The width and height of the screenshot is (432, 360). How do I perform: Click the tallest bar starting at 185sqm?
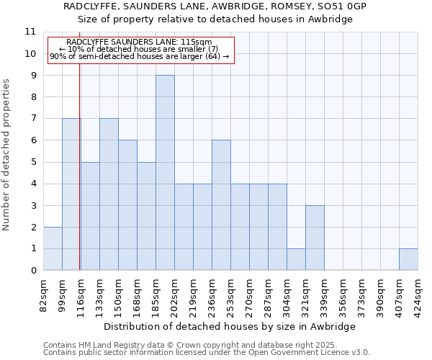(x=165, y=173)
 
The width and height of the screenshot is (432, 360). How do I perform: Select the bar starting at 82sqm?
(x=53, y=248)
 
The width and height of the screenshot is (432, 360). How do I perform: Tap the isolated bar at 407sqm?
(x=408, y=259)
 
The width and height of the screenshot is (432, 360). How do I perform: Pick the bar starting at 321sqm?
(x=315, y=238)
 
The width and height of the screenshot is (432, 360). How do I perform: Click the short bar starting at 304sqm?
(x=296, y=259)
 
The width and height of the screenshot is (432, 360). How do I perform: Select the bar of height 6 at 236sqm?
(x=221, y=205)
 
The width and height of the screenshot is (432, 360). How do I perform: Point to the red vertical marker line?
(x=79, y=180)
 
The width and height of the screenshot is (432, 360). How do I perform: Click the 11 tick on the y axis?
(x=30, y=32)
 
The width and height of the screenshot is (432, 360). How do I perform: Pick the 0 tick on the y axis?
(x=33, y=270)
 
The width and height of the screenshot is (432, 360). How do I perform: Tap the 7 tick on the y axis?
(x=33, y=118)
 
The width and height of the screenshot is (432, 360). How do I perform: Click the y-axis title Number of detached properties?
(x=6, y=155)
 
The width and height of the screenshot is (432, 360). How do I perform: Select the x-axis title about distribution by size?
(x=230, y=326)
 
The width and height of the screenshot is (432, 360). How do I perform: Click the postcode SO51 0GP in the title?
(x=343, y=6)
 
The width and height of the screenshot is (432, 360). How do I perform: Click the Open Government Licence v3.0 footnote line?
(x=207, y=353)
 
